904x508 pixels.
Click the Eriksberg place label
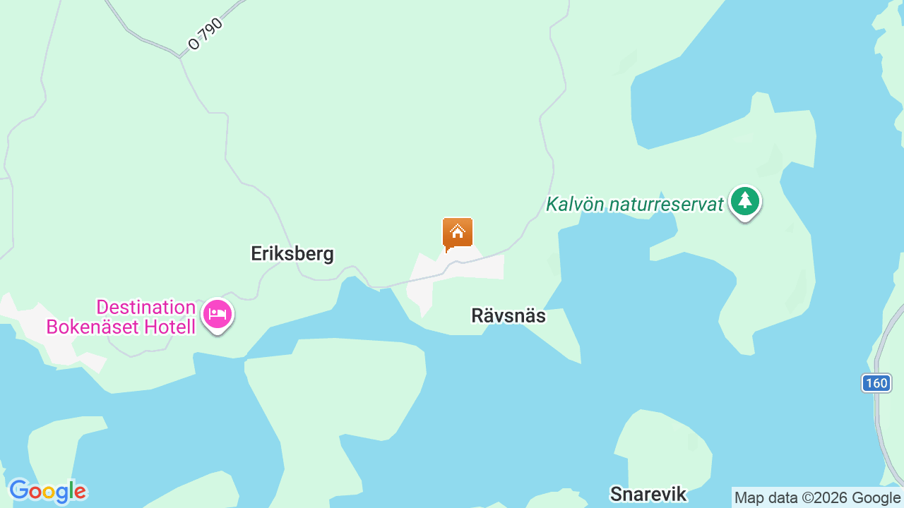(292, 254)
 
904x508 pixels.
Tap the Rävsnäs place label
(509, 316)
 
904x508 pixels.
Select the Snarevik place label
(648, 494)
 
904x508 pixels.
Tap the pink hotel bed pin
(218, 315)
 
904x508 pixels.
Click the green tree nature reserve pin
(744, 202)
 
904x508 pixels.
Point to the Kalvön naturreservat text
(635, 205)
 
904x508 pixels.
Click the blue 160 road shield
(876, 383)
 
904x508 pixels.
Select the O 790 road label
(206, 34)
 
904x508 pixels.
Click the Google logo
(47, 491)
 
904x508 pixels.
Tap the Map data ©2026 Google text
(818, 498)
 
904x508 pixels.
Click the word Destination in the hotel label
(145, 308)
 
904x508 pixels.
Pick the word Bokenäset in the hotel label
(91, 327)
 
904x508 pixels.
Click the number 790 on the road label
(211, 30)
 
